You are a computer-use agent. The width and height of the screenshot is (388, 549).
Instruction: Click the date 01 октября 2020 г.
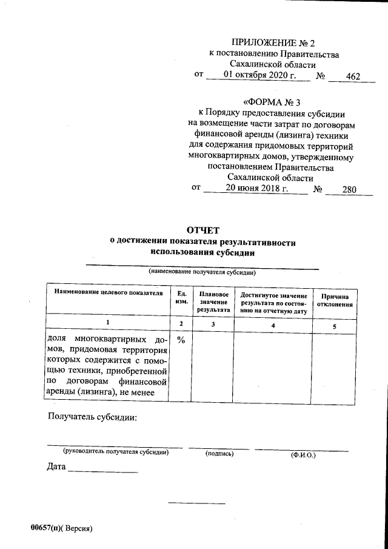[259, 75]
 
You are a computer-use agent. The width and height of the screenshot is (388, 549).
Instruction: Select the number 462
[352, 76]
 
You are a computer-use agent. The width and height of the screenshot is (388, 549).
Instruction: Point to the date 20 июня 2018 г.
[256, 188]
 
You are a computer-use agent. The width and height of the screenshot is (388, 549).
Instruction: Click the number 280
[349, 189]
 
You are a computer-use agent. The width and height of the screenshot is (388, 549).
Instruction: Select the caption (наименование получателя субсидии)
[202, 273]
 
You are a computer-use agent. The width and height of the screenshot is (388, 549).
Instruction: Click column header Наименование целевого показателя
[109, 293]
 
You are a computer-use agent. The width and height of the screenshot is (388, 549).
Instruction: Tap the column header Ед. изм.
[181, 297]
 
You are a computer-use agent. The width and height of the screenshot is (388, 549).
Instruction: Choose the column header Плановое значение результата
[213, 301]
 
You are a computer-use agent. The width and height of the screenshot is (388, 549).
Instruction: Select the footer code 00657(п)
[45, 528]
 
